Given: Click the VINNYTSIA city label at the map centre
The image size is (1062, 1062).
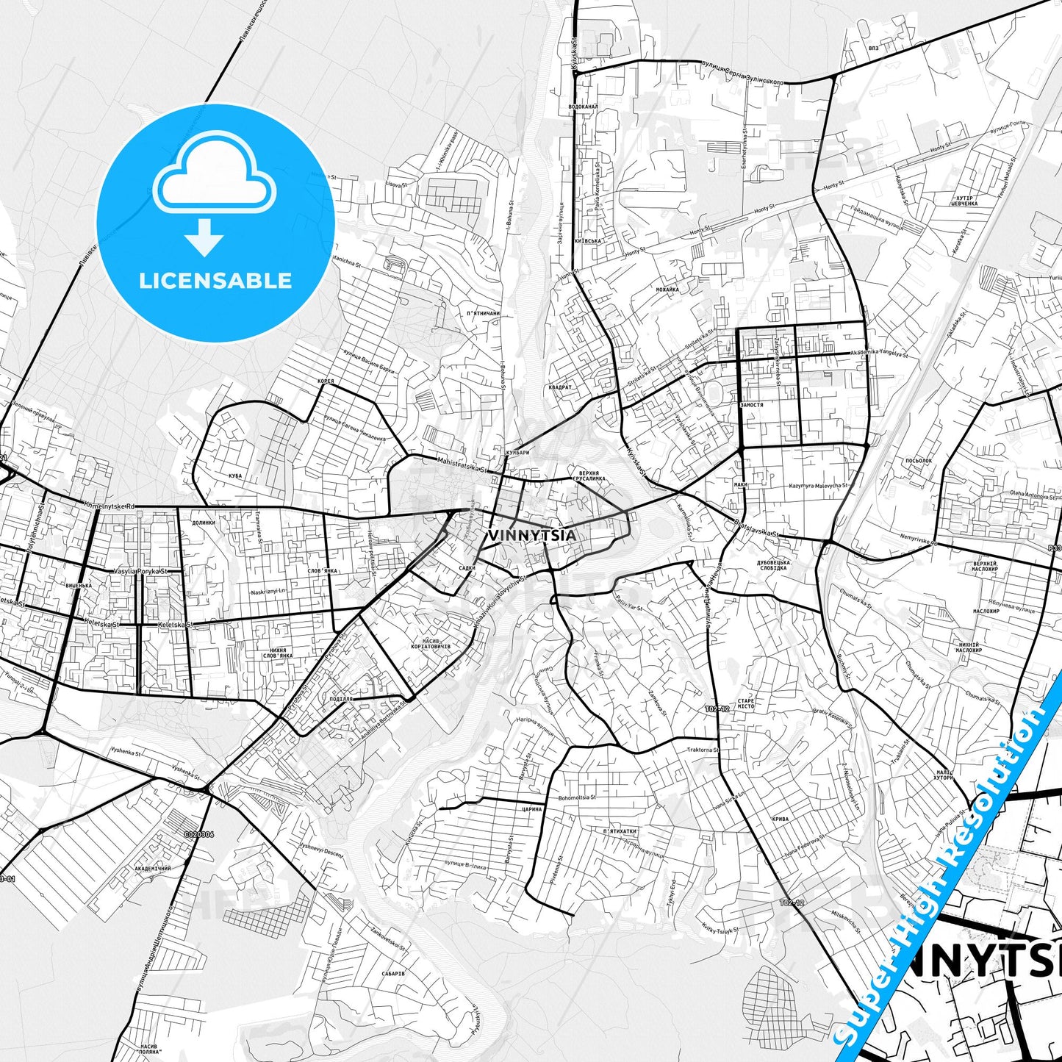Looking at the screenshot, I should [531, 535].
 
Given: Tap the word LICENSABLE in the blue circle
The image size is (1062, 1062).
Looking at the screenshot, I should [215, 281].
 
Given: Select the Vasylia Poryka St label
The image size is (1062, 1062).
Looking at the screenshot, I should [140, 571].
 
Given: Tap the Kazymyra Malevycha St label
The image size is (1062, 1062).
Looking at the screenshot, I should [818, 486].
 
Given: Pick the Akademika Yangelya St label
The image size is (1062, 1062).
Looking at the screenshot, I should [878, 354].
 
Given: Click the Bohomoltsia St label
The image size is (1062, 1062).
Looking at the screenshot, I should [577, 797].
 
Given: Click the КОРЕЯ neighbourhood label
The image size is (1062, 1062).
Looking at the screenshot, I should [326, 381].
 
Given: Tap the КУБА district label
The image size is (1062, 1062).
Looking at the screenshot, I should [235, 476].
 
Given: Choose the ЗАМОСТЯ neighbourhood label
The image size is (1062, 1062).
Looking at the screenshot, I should [751, 405].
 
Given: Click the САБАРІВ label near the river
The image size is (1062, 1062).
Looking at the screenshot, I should [393, 973].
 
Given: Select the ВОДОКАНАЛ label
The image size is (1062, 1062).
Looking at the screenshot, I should [584, 107].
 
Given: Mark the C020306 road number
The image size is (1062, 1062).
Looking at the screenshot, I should [199, 834].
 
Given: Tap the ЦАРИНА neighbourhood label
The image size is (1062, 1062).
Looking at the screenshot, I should [531, 809].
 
